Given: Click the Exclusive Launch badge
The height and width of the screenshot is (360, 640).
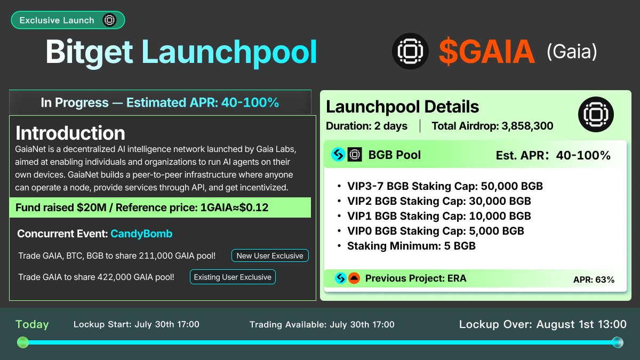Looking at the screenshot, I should (x=68, y=20).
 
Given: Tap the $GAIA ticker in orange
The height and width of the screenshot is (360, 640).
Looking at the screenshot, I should (x=486, y=52).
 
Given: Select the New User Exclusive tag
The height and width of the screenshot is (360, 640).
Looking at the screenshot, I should (x=270, y=255).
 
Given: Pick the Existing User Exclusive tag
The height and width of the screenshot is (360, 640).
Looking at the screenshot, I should (x=233, y=277).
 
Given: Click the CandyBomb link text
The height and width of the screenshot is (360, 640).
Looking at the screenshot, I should (x=141, y=234).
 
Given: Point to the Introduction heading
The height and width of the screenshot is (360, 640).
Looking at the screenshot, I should (x=70, y=133).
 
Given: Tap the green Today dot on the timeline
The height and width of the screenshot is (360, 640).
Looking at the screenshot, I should (x=22, y=342).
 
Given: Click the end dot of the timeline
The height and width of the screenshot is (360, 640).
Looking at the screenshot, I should (x=618, y=342).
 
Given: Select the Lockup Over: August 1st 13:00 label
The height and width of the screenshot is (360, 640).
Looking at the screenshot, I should (x=542, y=324).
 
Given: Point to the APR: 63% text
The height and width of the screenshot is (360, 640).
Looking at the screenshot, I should (x=594, y=279).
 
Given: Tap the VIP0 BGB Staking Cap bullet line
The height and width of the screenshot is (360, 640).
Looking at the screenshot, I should (x=435, y=231).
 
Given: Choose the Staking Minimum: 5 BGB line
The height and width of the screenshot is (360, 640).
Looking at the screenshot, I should (x=411, y=246).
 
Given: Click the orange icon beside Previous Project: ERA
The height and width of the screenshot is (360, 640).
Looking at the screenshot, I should (x=354, y=278).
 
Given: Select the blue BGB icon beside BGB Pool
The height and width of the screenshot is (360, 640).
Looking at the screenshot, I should (x=338, y=155).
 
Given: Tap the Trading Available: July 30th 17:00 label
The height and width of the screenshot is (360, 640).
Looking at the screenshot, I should (x=322, y=324).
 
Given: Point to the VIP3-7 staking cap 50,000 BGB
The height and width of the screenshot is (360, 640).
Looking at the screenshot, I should (x=512, y=186).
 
